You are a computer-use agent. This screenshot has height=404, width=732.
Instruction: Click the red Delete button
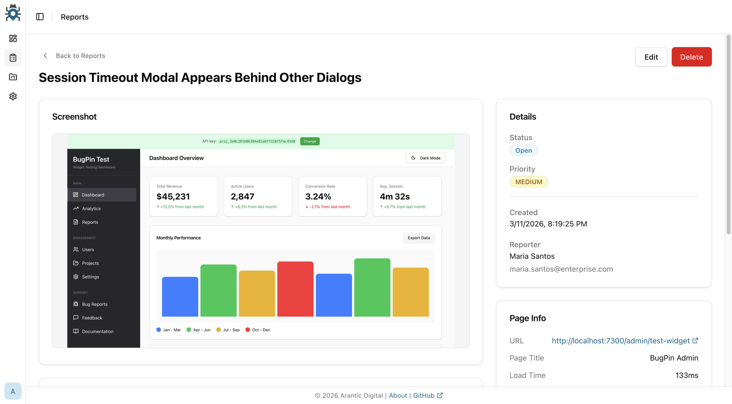[x=691, y=57]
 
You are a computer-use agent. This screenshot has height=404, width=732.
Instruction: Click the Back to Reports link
[x=80, y=56]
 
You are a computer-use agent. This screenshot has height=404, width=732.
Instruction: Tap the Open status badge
[x=523, y=150]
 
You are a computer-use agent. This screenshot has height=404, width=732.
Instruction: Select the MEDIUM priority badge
[x=528, y=182]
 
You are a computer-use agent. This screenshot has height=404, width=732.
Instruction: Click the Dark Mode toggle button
[x=426, y=158]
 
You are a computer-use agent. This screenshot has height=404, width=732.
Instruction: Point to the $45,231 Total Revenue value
[x=173, y=196]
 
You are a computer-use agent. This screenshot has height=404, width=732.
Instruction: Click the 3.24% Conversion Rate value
[x=318, y=196]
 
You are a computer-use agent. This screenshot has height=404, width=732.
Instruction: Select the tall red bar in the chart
[x=295, y=289]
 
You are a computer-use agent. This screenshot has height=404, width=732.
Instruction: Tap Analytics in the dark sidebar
[x=91, y=209]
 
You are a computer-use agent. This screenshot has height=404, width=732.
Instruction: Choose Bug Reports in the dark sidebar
[x=95, y=304]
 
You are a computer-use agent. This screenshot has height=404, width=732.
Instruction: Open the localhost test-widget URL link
[x=621, y=341]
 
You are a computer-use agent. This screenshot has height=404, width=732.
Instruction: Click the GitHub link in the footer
[x=424, y=396]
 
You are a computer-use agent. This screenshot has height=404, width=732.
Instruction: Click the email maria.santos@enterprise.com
[x=561, y=269]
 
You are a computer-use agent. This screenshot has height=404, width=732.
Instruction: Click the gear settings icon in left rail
[x=13, y=96]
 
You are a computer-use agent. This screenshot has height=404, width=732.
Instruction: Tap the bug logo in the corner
[x=13, y=13]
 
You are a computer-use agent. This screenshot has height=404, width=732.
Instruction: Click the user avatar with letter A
[x=13, y=391]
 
